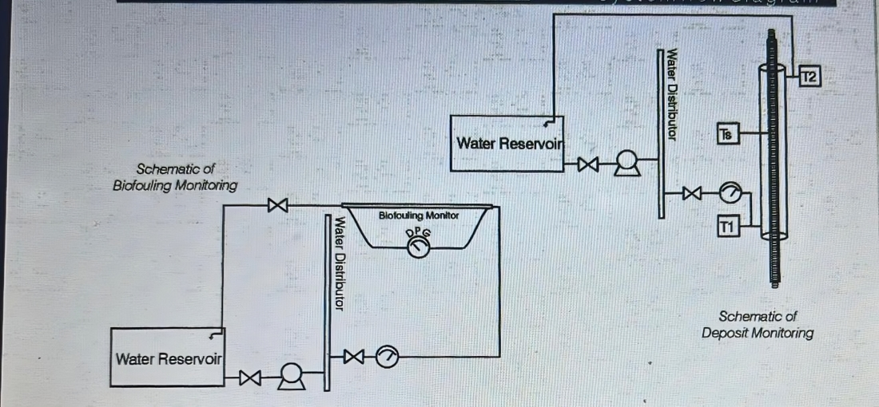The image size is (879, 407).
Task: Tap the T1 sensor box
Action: pos(728,227)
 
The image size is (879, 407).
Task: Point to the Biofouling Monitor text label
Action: pos(419,215)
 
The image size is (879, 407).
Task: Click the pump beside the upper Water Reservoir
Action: pos(626,165)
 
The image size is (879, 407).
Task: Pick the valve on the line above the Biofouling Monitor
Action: pos(277,205)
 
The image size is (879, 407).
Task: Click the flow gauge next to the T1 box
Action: pos(731,193)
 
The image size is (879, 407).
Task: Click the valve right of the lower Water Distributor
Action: pos(352,356)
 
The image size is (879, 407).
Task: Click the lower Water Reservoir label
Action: pos(168,359)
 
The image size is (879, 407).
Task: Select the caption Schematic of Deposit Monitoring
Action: pos(757,325)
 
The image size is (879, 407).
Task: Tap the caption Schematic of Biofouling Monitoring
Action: pos(176,177)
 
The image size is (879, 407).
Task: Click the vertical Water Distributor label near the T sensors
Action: pos(672,95)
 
